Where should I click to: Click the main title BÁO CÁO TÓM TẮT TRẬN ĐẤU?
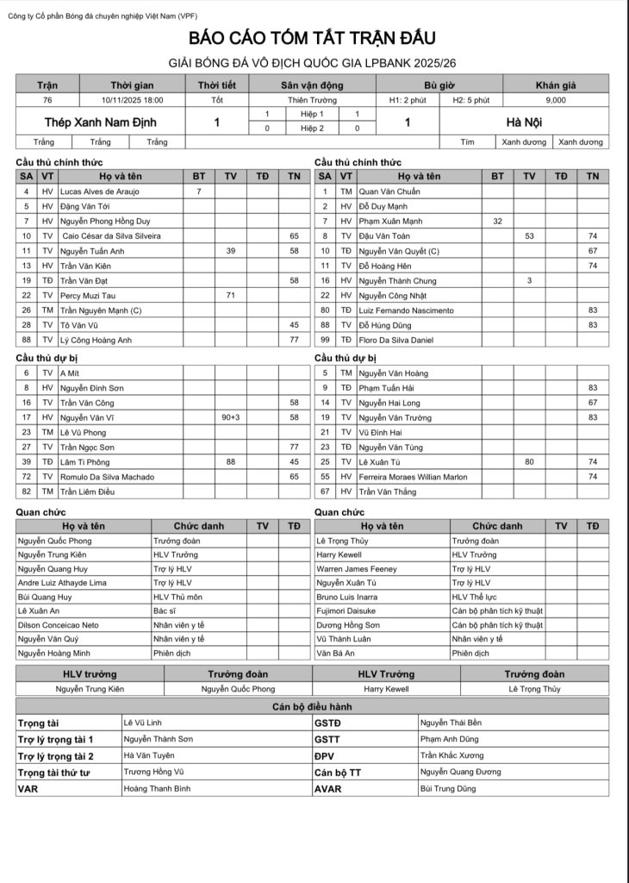point(313,38)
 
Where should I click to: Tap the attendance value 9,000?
point(556,100)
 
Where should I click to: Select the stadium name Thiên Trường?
point(311,100)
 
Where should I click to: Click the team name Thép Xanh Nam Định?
point(106,122)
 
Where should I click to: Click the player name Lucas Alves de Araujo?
point(100,191)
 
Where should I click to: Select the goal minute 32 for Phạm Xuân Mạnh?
point(497,221)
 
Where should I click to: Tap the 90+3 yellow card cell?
point(230,417)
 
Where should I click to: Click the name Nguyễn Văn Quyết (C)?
point(399,251)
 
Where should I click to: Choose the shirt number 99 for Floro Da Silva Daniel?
point(324,340)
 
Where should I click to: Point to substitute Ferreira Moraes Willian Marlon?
point(413,476)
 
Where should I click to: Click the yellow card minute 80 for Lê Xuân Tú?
point(529,461)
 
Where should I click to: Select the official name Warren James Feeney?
point(357,569)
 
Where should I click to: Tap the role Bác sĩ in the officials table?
point(166,611)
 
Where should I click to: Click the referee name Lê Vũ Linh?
point(143,723)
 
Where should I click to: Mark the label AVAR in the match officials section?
point(328,788)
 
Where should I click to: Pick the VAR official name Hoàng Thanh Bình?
point(158,788)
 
